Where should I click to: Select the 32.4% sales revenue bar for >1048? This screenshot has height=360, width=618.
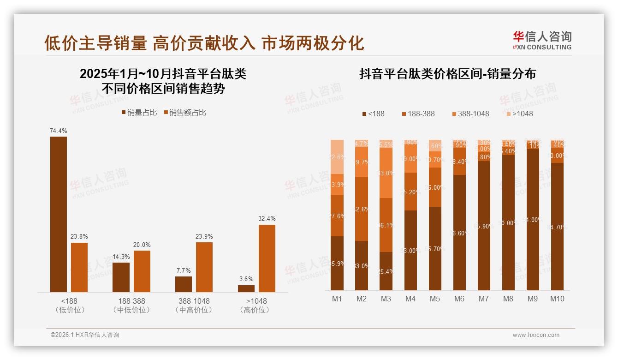tap(267, 258)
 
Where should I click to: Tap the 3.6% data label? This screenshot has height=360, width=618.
tap(246, 279)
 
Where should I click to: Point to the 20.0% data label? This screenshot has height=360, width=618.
tap(142, 245)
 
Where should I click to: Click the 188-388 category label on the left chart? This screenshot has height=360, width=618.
tap(131, 301)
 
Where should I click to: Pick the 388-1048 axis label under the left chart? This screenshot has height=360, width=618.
tap(194, 301)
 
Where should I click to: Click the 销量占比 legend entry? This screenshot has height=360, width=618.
tap(139, 113)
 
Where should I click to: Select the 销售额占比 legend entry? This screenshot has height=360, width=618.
tap(184, 113)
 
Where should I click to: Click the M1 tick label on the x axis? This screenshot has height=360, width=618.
tap(337, 299)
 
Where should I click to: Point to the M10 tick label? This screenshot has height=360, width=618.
tap(557, 299)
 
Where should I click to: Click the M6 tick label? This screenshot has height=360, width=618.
tap(459, 299)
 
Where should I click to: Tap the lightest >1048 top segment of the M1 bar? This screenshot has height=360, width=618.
tap(337, 156)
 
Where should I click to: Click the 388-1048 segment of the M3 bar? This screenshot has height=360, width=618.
tap(386, 173)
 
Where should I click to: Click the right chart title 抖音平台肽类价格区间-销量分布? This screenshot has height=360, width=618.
tap(447, 74)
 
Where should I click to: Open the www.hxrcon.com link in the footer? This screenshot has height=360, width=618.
tap(536, 335)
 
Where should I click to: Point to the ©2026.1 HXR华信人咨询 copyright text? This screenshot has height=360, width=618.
tap(85, 335)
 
